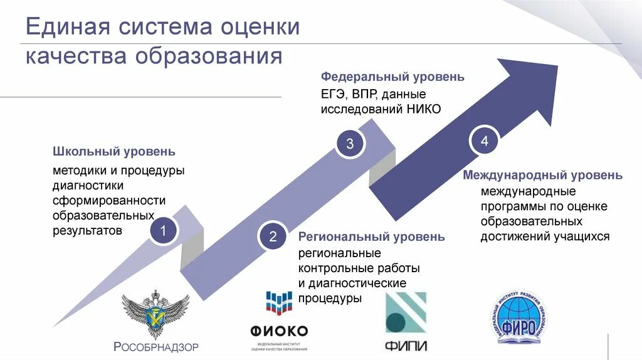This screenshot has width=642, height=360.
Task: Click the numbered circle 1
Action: point(162,231)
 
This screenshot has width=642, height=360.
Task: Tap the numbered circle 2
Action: point(273,237)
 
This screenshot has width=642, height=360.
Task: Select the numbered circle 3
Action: point(350,144)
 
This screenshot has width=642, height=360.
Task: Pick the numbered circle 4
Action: point(484,141)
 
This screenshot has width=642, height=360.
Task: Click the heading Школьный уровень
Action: point(113,152)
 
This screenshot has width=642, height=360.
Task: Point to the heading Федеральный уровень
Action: point(392,77)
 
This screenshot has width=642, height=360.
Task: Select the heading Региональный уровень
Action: point(372,237)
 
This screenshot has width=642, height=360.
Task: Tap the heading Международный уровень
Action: point(543,175)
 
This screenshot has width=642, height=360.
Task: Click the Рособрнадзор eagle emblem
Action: point(155,314)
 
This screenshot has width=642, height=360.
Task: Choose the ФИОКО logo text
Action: point(278,331)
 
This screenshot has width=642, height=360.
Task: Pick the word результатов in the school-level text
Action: point(88,230)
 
